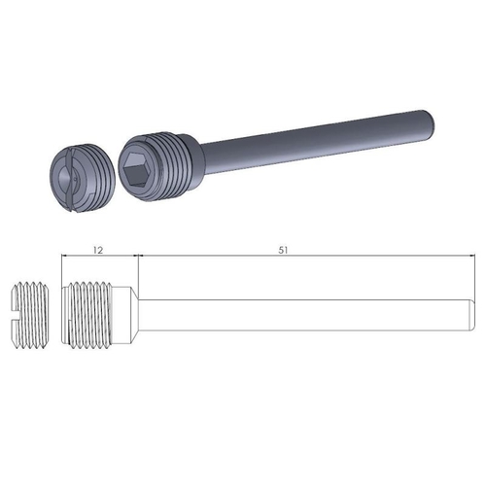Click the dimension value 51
coord(283,249)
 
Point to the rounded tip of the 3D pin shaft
coord(429,122)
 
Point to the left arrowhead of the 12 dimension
coord(63,256)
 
